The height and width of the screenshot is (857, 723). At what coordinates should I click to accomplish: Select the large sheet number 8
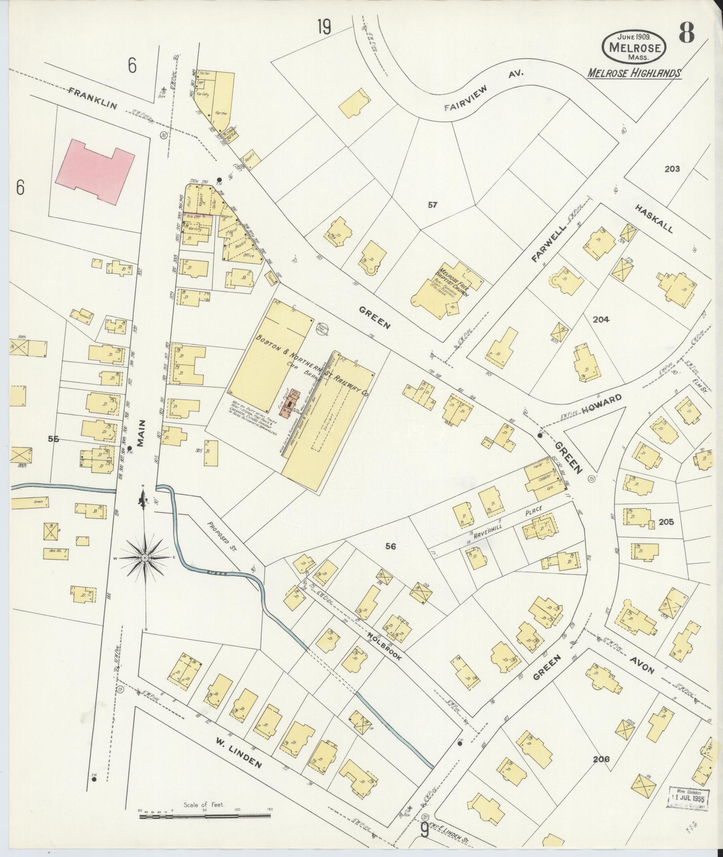pos(686,32)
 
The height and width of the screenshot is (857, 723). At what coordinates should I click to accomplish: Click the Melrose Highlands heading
pos(634,73)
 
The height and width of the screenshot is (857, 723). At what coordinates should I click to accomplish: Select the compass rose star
pos(145,557)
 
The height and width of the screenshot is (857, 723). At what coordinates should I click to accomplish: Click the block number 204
pos(601,319)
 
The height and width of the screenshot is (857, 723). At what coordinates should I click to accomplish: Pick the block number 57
pos(432,205)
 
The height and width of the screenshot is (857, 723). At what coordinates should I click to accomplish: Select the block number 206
pos(601,759)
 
